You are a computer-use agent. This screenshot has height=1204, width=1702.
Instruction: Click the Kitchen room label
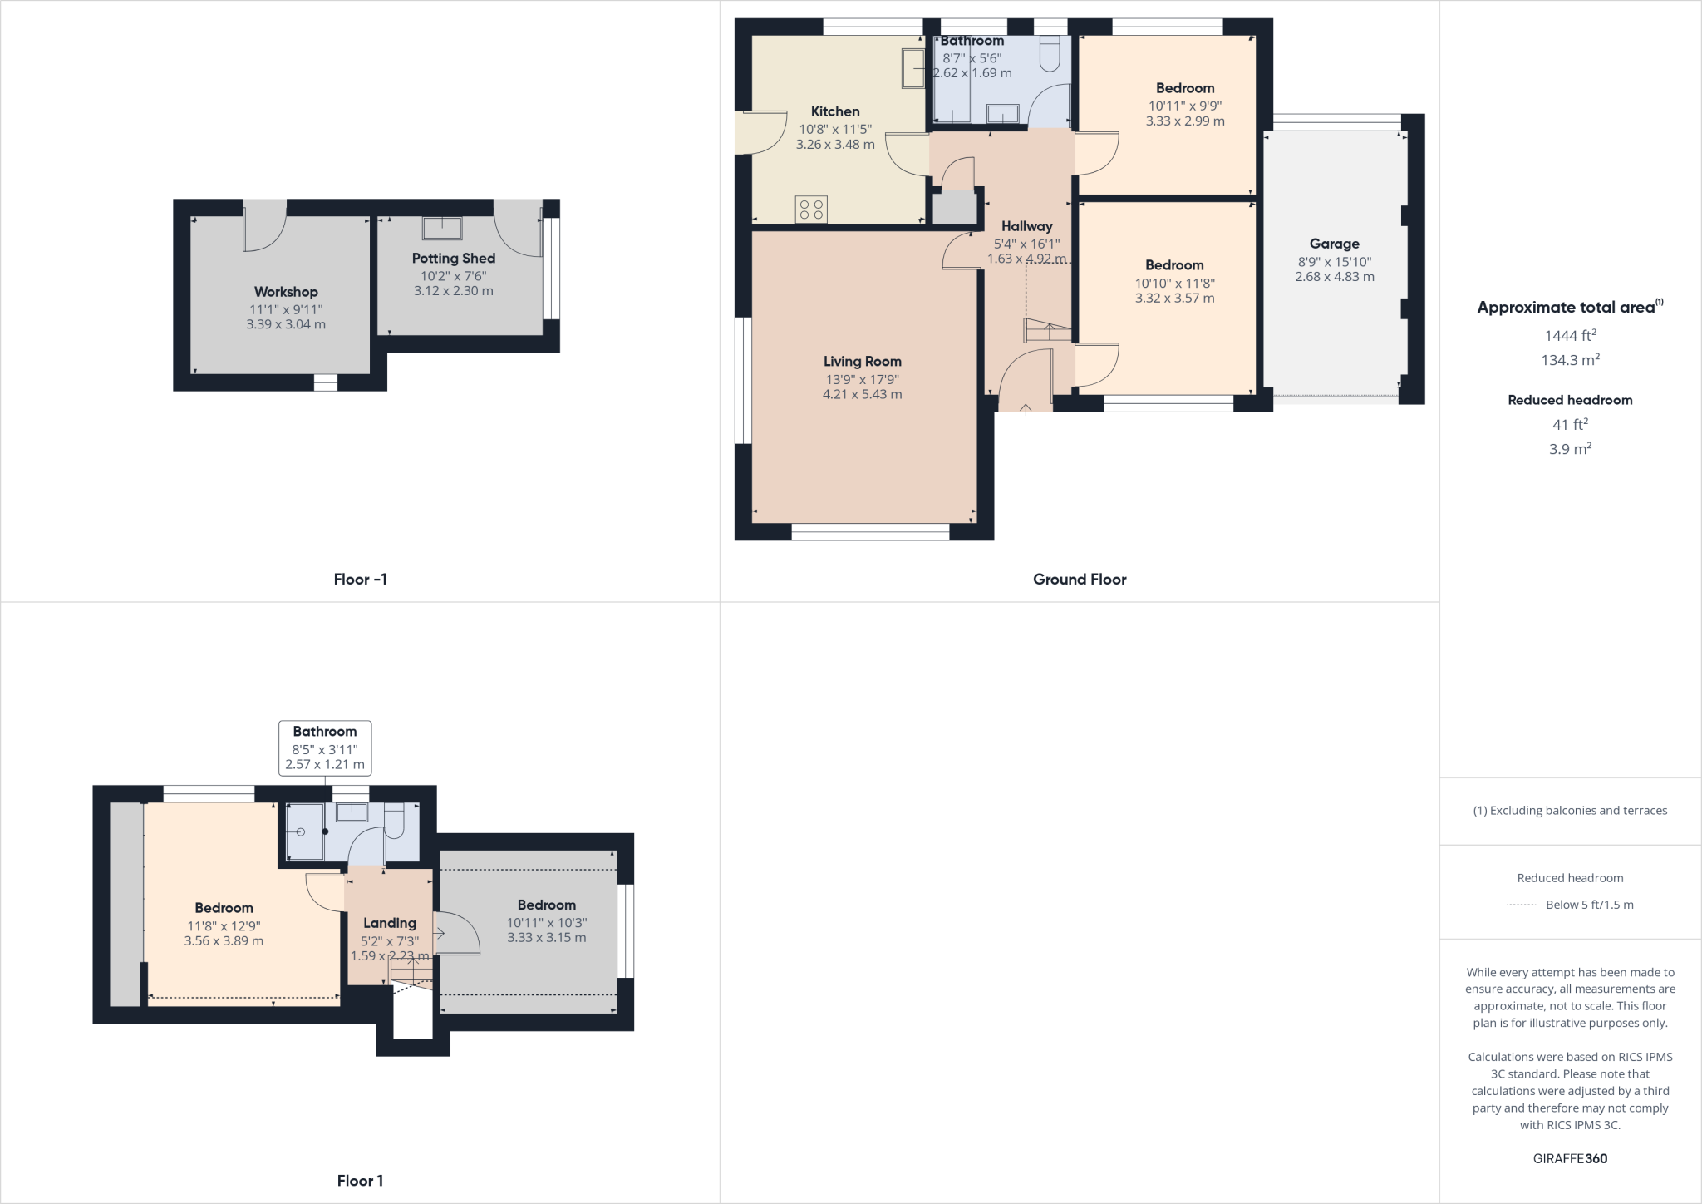835,111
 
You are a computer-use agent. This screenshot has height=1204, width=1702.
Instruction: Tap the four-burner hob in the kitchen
811,210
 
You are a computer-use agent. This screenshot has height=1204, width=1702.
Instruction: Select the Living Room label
862,362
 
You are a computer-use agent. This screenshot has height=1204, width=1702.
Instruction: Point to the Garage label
1334,244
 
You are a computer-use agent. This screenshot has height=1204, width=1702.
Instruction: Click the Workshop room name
286,292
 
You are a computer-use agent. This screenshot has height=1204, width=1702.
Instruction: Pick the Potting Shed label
453,259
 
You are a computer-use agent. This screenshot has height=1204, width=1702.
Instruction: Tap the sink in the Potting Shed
441,228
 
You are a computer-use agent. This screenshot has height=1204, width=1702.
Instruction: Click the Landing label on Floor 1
389,923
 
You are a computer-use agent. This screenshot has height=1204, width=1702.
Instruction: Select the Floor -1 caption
360,580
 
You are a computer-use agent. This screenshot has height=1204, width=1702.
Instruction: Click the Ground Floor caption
1080,580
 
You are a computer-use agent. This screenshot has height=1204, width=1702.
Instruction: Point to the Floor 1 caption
360,1181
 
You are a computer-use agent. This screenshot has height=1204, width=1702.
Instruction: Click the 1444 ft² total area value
1570,336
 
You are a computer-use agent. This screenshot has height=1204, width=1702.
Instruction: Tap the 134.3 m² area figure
1570,360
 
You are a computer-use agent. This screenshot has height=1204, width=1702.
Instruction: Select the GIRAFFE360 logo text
1570,1158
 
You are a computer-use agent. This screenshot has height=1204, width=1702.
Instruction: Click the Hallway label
1026,226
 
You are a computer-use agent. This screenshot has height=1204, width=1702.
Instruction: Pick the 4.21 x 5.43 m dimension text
862,395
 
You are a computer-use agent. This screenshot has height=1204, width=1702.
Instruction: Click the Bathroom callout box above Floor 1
324,748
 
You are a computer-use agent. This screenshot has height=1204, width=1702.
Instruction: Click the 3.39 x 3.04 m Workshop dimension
286,325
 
